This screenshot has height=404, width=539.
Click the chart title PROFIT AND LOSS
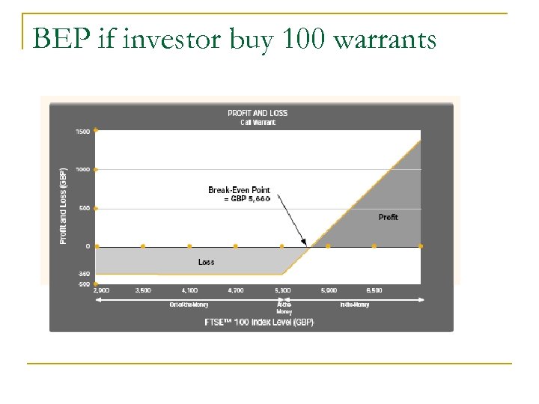pos(258,113)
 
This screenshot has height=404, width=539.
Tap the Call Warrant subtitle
pos(258,122)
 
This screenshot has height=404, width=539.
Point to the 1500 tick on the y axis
pos(82,132)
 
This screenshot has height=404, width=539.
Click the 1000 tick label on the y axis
pos(82,170)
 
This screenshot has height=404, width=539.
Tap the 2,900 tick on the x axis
pos(101,290)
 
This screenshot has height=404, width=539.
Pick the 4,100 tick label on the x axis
pos(189,290)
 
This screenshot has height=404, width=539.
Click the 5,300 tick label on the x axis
pos(282,290)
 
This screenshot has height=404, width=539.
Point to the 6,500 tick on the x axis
pos(374,290)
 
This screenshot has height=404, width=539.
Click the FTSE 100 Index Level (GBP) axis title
pos(260,322)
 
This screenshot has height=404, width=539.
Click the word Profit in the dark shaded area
pos(388,217)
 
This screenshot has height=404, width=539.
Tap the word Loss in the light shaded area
pos(206,262)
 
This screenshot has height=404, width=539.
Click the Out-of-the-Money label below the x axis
pos(189,304)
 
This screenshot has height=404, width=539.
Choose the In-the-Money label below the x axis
pos(355,304)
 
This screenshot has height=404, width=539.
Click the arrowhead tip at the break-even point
pos(306,245)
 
